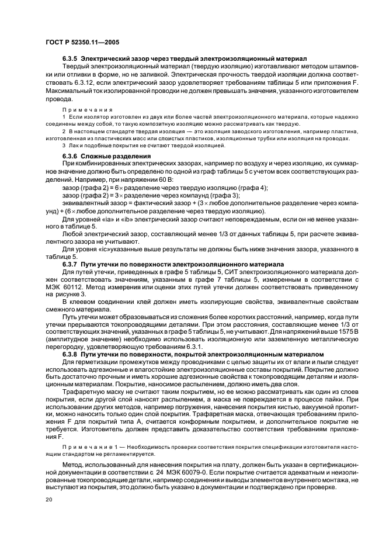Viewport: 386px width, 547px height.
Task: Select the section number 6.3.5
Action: [x=70, y=59]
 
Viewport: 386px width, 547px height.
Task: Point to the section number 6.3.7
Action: [x=70, y=264]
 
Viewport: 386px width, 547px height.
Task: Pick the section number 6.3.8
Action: [x=70, y=354]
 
